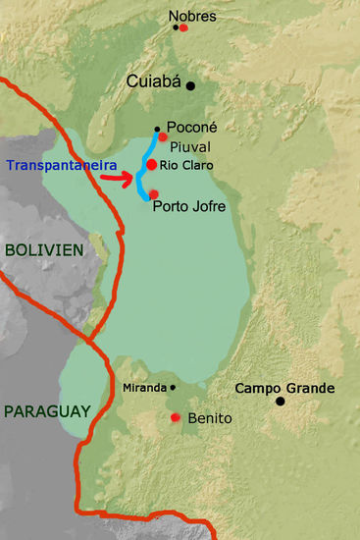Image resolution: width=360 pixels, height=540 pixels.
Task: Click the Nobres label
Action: (x=192, y=16)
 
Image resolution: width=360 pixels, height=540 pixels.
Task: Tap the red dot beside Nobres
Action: (x=183, y=27)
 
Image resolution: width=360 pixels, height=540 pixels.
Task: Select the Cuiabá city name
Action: (x=155, y=83)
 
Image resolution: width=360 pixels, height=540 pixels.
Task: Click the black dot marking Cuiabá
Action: (x=191, y=85)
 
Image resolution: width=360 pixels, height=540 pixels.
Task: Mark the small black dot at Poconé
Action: (x=156, y=129)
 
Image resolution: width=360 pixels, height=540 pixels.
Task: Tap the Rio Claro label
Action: (x=185, y=164)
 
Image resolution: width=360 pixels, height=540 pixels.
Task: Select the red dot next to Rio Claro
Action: (x=152, y=164)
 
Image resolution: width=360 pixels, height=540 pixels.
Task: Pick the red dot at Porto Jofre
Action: (x=153, y=193)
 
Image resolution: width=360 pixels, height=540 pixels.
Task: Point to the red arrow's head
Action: (x=129, y=179)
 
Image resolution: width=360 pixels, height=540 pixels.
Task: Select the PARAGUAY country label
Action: (x=46, y=410)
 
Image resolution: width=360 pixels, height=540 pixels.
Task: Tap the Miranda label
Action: (x=144, y=388)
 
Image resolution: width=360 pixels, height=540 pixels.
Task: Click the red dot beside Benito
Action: (x=176, y=418)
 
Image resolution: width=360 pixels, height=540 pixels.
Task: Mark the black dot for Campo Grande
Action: (x=281, y=401)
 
